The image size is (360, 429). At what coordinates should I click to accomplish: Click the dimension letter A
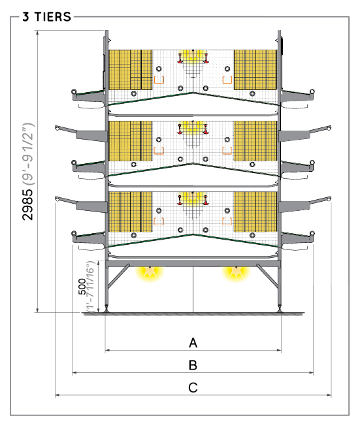[193, 343]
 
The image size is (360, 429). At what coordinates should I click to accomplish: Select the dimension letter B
[193, 365]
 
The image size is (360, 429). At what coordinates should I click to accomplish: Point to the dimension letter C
[193, 388]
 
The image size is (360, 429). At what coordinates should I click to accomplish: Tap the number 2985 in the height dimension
[27, 204]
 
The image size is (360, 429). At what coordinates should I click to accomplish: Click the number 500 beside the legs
[82, 287]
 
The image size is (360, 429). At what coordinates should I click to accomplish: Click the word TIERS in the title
[52, 17]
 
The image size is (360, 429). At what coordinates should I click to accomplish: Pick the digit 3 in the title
[25, 17]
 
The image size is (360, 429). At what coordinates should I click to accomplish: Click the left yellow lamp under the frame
[150, 272]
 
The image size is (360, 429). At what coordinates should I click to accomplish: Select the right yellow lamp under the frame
[236, 272]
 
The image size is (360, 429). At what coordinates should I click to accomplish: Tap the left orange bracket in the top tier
[159, 80]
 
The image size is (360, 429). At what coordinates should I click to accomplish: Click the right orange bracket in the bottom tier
[227, 221]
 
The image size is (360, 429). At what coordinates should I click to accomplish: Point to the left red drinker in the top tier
[180, 58]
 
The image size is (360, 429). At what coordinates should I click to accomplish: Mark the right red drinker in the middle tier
[206, 129]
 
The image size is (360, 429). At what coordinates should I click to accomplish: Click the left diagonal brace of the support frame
[118, 276]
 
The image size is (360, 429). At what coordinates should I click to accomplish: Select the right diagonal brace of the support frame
[268, 276]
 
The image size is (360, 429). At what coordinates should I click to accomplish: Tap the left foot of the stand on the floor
[106, 309]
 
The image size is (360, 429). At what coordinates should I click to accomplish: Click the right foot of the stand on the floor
[280, 309]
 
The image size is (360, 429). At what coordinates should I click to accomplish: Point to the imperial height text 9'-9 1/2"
[28, 153]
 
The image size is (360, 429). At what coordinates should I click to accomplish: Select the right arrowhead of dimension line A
[279, 350]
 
